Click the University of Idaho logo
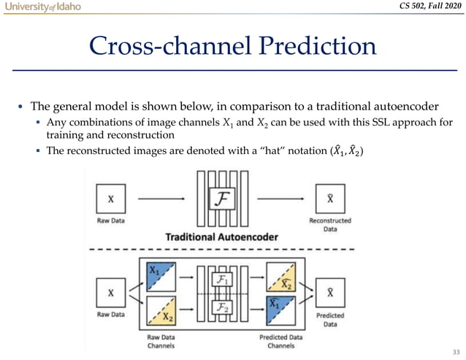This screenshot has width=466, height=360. click(x=41, y=7)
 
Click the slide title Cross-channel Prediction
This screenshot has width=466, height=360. click(x=232, y=47)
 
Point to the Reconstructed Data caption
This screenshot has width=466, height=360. click(x=330, y=223)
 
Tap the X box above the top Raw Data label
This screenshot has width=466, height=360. click(x=110, y=198)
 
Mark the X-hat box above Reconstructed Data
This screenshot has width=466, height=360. click(x=330, y=198)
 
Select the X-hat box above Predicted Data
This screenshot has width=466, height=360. click(x=330, y=294)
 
